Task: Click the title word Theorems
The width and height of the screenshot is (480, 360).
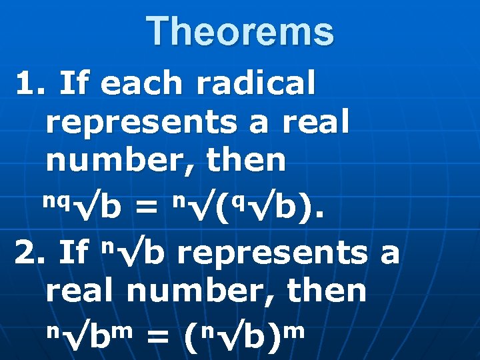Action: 240,32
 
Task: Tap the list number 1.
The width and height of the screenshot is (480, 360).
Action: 28,84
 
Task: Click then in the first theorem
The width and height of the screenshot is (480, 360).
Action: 247,160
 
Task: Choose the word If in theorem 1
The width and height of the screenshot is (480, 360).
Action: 74,84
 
